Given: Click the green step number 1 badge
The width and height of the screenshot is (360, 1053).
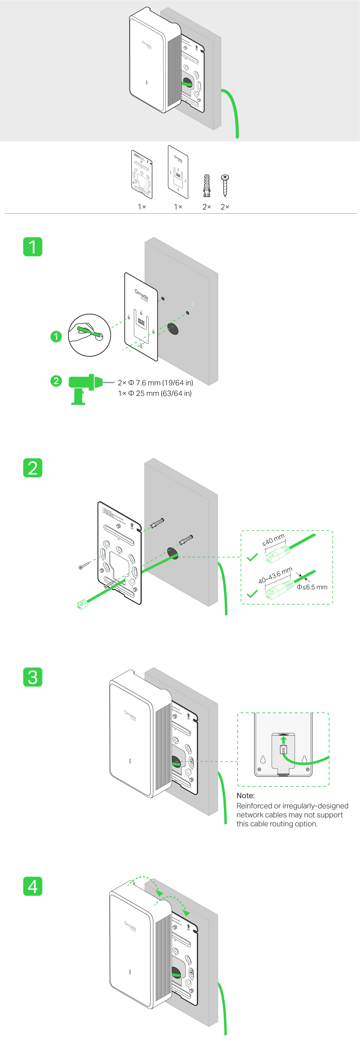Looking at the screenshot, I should click(x=33, y=247).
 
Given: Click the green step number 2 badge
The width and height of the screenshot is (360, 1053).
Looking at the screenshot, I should click(x=33, y=468).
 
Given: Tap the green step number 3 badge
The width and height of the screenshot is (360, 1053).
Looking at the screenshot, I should click(x=33, y=677).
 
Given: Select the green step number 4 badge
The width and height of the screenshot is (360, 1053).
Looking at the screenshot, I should click(x=33, y=886).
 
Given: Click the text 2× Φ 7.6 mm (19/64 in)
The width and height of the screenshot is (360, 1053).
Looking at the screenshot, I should click(x=155, y=383).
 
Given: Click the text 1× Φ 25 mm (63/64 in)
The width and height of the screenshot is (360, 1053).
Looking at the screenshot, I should click(x=154, y=393).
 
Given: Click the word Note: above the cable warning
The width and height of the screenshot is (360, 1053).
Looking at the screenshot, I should click(x=246, y=795).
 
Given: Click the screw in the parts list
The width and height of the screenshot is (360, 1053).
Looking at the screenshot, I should click(x=225, y=185).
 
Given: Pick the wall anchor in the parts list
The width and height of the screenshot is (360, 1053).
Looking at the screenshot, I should click(x=207, y=186).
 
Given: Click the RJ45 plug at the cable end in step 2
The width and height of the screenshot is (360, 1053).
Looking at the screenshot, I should click(x=82, y=604).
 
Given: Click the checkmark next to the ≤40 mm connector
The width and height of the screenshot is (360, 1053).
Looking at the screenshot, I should click(x=253, y=557).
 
